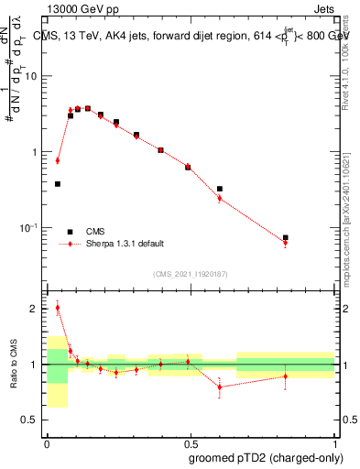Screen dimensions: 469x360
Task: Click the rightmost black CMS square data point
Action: (286, 237)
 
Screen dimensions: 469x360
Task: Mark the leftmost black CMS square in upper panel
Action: (58, 184)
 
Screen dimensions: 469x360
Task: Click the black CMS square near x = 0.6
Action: (220, 189)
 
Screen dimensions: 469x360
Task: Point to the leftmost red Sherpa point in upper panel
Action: (58, 160)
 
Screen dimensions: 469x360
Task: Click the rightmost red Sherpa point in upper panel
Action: (286, 243)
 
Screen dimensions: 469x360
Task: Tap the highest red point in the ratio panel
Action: (58, 308)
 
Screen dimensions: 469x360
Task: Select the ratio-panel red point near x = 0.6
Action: (220, 387)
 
